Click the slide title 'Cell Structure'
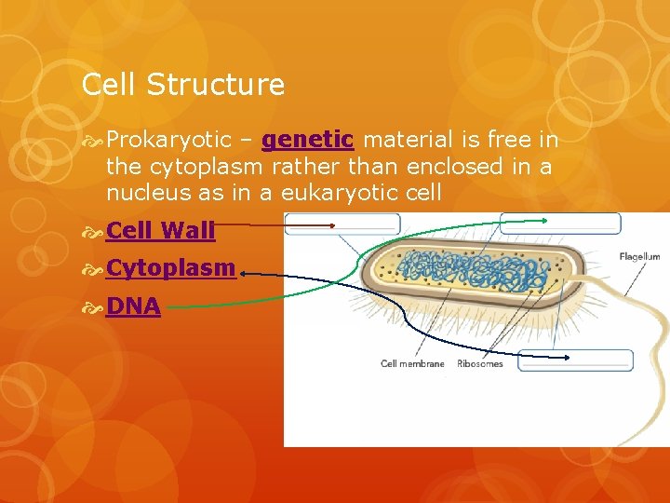[183, 85]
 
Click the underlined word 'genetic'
[307, 140]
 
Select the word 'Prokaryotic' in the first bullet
[168, 140]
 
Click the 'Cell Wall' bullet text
[161, 229]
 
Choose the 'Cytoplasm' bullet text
[170, 267]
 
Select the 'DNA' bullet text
[133, 306]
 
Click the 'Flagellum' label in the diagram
[639, 256]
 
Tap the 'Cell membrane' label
[412, 363]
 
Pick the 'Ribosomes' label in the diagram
[480, 363]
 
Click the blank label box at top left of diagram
[342, 224]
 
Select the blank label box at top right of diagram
[560, 224]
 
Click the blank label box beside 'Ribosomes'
[576, 360]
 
